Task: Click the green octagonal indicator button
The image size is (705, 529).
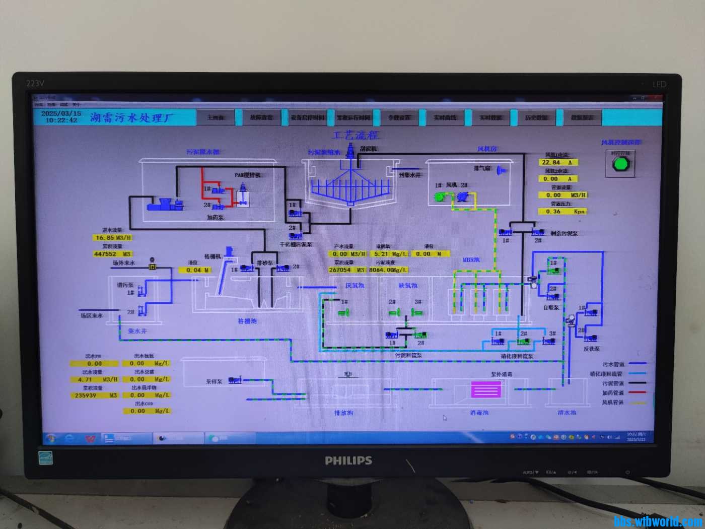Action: (620, 164)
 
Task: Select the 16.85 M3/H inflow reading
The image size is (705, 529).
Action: (113, 238)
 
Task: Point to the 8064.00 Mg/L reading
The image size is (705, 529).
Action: (388, 270)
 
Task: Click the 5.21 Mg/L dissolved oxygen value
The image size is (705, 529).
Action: (390, 254)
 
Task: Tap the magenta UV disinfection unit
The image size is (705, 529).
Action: (485, 389)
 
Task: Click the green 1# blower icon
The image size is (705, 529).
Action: (440, 197)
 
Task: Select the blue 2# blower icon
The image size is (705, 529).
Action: (462, 196)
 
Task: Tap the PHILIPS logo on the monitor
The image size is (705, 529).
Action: (348, 460)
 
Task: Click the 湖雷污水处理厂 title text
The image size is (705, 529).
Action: (132, 118)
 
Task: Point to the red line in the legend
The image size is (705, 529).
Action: (637, 392)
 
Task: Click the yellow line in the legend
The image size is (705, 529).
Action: (637, 403)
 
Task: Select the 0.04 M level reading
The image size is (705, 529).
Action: (196, 271)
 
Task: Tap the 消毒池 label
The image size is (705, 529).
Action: (479, 413)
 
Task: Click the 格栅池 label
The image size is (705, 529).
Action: (247, 321)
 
